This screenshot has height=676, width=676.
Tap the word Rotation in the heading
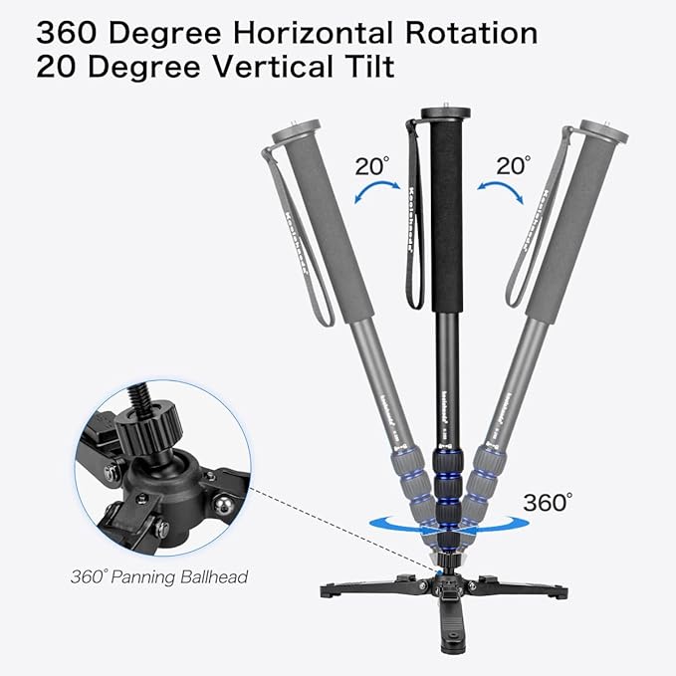tap(466, 32)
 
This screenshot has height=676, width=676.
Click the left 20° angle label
tap(371, 165)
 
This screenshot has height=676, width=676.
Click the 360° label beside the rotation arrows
tap(548, 501)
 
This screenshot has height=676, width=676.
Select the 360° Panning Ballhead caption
tap(159, 575)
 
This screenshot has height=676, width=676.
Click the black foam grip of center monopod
tap(438, 219)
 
